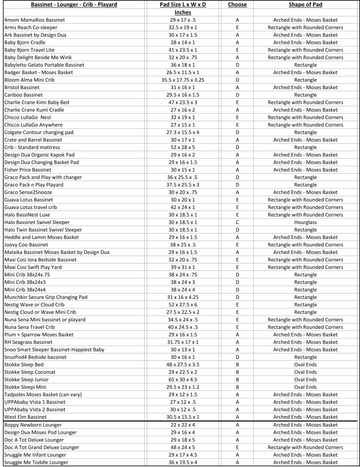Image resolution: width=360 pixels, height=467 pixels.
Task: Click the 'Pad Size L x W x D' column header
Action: (183, 5)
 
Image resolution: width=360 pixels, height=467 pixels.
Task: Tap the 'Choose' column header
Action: (237, 5)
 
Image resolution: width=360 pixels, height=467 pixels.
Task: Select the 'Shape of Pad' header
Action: (305, 5)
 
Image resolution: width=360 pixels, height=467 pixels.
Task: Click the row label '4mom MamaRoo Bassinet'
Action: (35, 20)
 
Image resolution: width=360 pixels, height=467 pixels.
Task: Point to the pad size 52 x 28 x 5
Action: (183, 147)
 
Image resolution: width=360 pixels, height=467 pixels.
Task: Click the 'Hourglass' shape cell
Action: (305, 222)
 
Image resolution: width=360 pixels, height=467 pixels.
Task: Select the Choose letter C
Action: (237, 222)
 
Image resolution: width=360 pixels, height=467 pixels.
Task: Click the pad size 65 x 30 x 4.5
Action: (183, 379)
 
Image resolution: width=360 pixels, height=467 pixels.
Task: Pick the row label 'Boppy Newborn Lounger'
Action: (33, 425)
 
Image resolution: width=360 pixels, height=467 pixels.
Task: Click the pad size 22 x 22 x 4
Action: (183, 425)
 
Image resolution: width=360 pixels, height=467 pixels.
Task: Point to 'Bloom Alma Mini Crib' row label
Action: (29, 80)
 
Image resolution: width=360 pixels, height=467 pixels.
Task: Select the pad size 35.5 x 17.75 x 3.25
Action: (183, 80)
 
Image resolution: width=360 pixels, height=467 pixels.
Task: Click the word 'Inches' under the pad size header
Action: (183, 12)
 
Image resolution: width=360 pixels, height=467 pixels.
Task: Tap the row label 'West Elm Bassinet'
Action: (25, 417)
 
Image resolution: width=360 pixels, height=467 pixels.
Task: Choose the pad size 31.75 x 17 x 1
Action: (183, 342)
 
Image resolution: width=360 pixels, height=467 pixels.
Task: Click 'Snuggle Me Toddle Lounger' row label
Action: (36, 462)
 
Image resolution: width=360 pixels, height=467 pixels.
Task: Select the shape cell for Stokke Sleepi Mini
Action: (305, 387)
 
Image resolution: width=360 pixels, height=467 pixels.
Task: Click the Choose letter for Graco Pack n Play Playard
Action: (237, 185)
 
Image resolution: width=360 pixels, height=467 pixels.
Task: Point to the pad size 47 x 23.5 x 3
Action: (183, 102)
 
